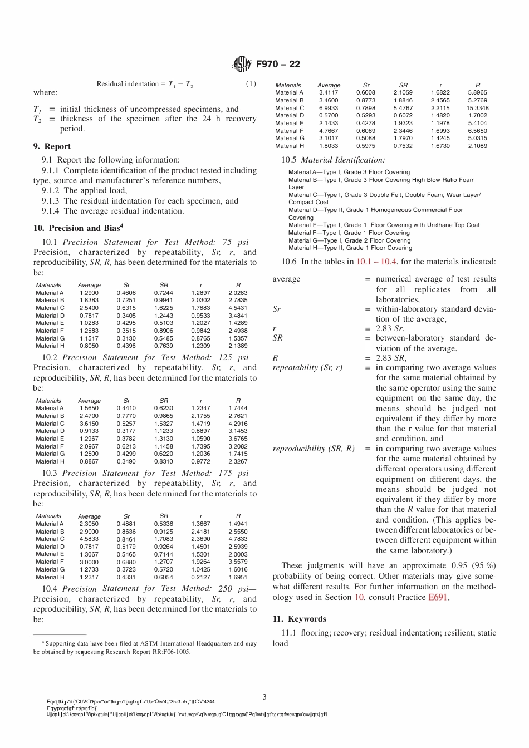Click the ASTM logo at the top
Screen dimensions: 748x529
point(242,64)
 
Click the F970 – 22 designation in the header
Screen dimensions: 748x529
point(278,64)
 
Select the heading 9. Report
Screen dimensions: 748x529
point(52,146)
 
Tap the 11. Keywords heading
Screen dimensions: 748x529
point(300,619)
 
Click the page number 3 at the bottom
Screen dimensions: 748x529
point(264,697)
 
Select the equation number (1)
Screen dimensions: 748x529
point(251,84)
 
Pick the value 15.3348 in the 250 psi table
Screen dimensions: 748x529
point(477,108)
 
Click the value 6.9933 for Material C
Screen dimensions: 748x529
point(329,108)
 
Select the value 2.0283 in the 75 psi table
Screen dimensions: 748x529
point(238,293)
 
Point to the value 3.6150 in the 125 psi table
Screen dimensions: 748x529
point(89,424)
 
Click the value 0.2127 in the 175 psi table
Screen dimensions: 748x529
point(200,577)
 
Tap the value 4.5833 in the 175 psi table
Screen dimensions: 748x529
point(89,539)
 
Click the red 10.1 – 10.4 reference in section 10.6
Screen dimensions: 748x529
point(376,262)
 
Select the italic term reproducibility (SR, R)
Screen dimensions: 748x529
point(314,449)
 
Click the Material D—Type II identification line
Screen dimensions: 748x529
point(375,210)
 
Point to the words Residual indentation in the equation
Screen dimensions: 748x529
point(128,84)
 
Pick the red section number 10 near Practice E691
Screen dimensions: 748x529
point(359,597)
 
